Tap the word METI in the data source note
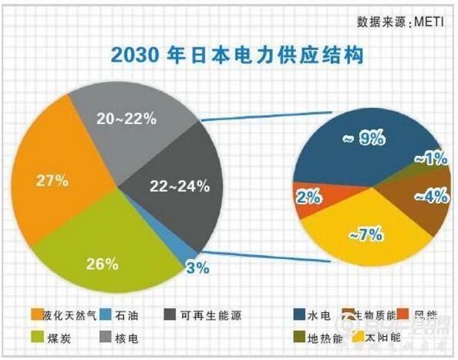click(x=428, y=21)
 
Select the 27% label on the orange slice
click(x=52, y=182)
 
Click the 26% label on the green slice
click(x=102, y=264)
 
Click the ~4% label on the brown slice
click(x=430, y=196)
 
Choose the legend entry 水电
click(x=318, y=315)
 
